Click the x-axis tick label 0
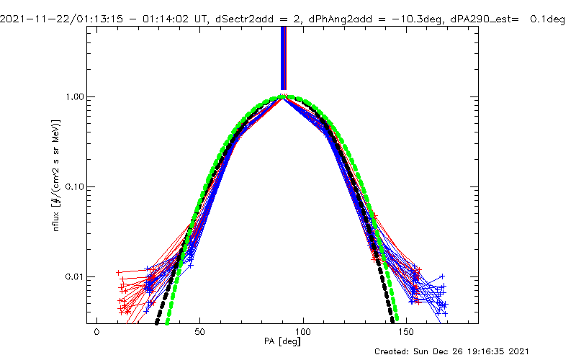click(96, 333)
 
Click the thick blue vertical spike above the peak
click(283, 58)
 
